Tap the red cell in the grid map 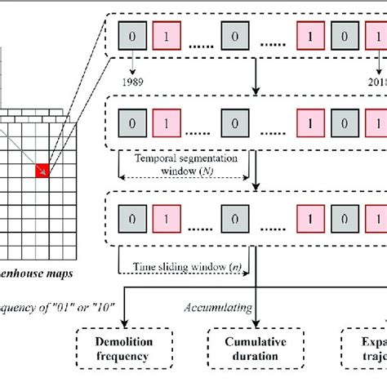41,170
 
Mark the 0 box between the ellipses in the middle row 234,126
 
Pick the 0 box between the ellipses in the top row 234,38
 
